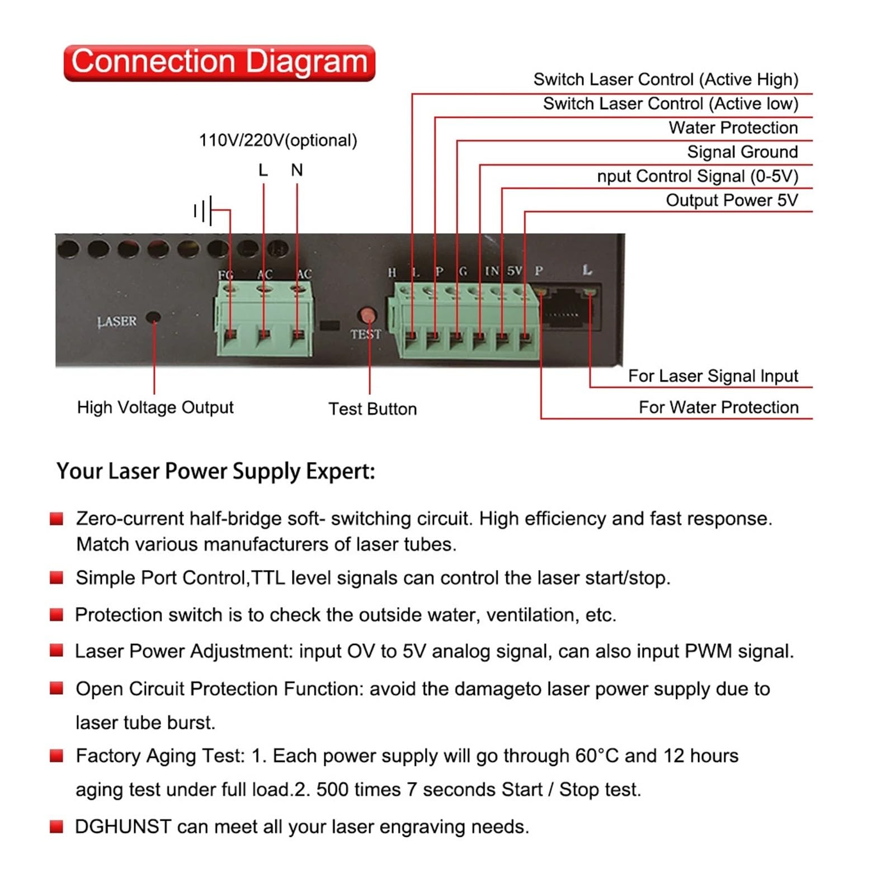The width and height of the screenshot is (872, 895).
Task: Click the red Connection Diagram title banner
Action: (x=219, y=63)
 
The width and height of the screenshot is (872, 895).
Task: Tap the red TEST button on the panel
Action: (x=367, y=315)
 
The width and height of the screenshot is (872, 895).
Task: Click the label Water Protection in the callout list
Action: (x=733, y=128)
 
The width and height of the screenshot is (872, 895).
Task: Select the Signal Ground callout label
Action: (x=742, y=152)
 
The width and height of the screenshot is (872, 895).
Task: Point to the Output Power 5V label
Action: (x=732, y=200)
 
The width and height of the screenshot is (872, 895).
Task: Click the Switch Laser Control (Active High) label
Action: (x=666, y=79)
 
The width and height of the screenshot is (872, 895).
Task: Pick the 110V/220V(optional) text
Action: (x=278, y=140)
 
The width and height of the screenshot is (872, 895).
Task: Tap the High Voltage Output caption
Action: (x=155, y=407)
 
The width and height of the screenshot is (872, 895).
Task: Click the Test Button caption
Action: (x=373, y=409)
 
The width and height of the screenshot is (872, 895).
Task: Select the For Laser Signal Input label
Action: (x=713, y=376)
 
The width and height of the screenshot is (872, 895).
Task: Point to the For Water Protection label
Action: (x=719, y=407)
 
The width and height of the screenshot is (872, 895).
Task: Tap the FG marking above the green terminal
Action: (x=226, y=275)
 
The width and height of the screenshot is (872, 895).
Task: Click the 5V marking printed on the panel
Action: (x=515, y=271)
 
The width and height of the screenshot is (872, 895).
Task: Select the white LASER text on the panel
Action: (x=117, y=322)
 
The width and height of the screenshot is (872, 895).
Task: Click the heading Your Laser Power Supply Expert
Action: (x=216, y=471)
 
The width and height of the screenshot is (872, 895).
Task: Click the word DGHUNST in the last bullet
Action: (x=123, y=827)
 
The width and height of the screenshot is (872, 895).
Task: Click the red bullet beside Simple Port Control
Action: (x=56, y=577)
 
